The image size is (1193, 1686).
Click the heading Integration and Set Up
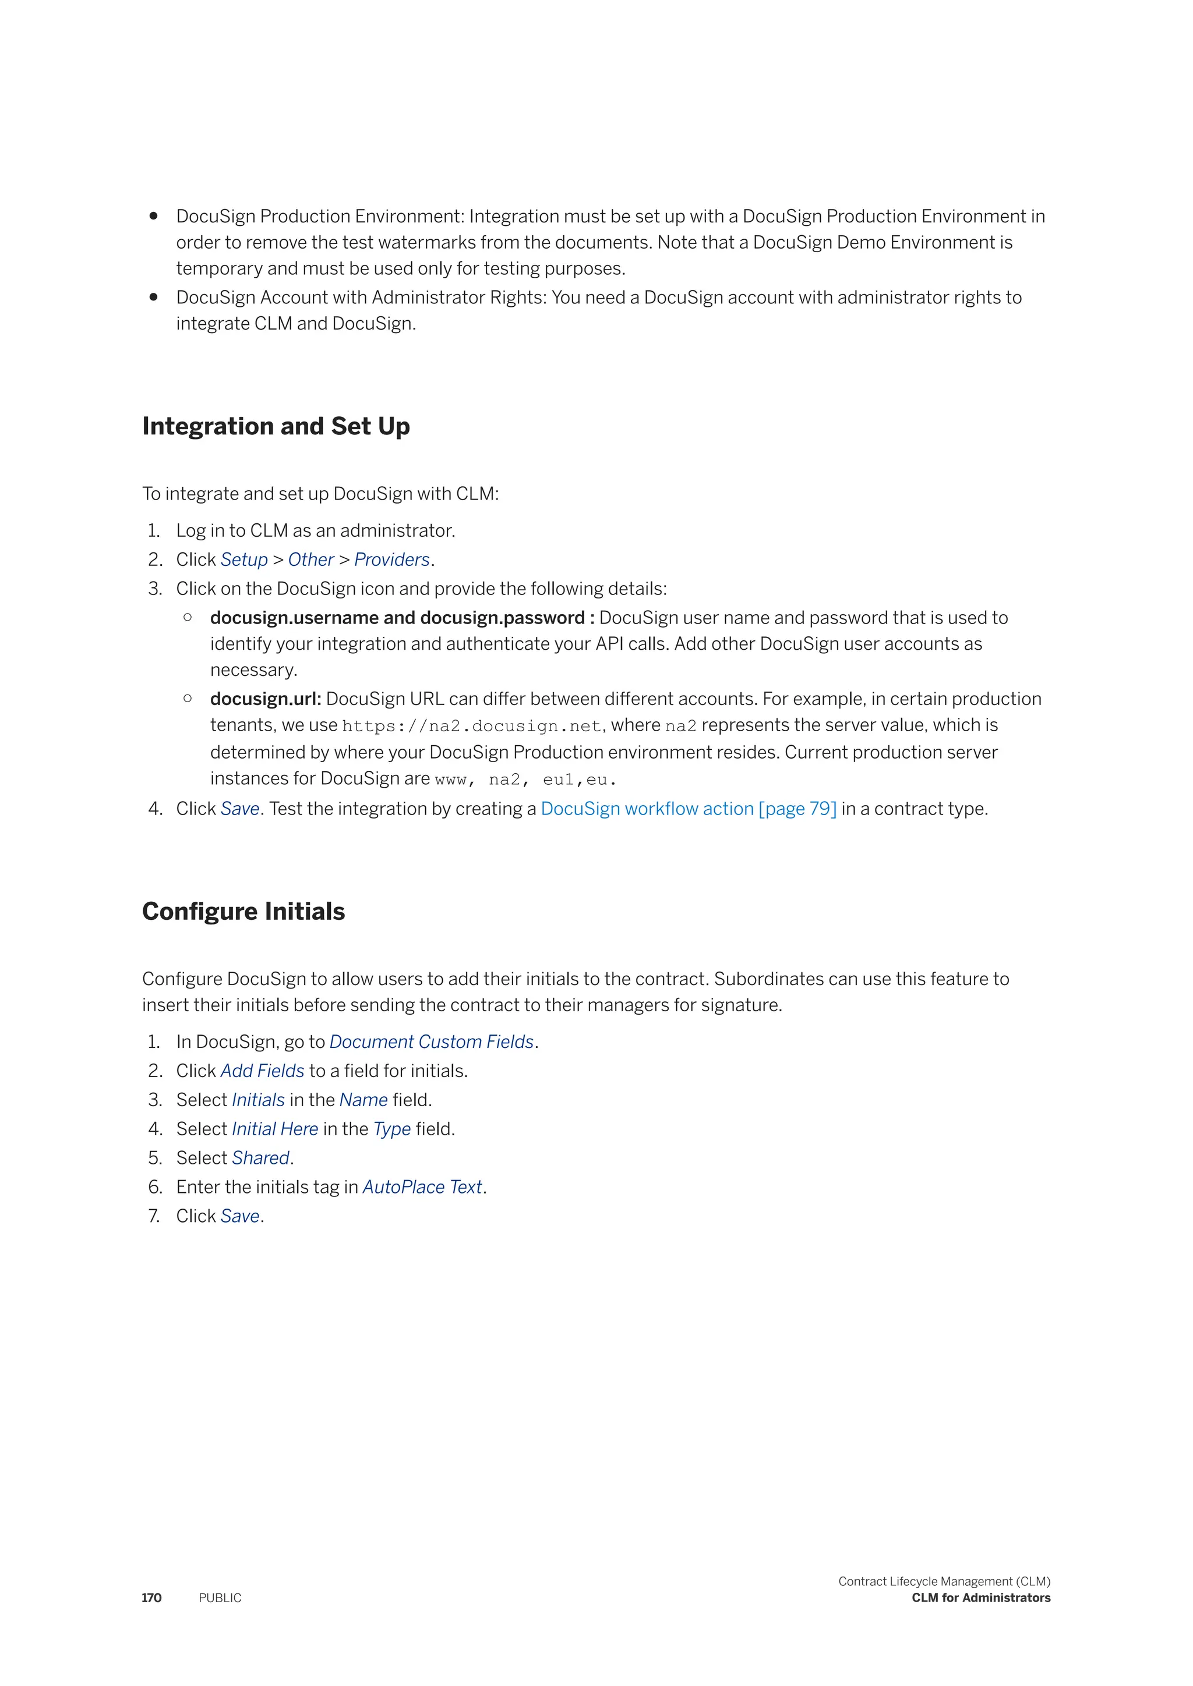point(276,427)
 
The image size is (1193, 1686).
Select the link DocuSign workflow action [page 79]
point(689,809)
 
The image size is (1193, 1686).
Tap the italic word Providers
point(391,559)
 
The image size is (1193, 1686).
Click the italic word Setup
point(244,559)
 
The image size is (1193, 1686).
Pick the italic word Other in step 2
point(310,559)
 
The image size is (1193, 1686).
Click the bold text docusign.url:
point(265,699)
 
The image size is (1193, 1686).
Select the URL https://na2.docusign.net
point(472,726)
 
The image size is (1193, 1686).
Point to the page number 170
point(151,1598)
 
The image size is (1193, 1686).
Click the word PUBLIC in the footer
point(220,1598)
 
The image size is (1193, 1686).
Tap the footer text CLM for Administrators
point(981,1598)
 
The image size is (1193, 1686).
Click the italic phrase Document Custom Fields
point(431,1042)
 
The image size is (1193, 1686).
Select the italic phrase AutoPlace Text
point(422,1188)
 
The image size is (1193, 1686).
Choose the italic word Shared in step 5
point(261,1158)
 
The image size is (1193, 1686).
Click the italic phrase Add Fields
point(262,1071)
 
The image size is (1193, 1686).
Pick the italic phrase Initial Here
point(275,1129)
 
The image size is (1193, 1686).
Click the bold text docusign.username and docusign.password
point(397,618)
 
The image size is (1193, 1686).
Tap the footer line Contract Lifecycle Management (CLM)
point(944,1581)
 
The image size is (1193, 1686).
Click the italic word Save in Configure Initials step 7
point(240,1216)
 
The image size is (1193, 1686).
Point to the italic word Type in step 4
point(391,1129)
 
